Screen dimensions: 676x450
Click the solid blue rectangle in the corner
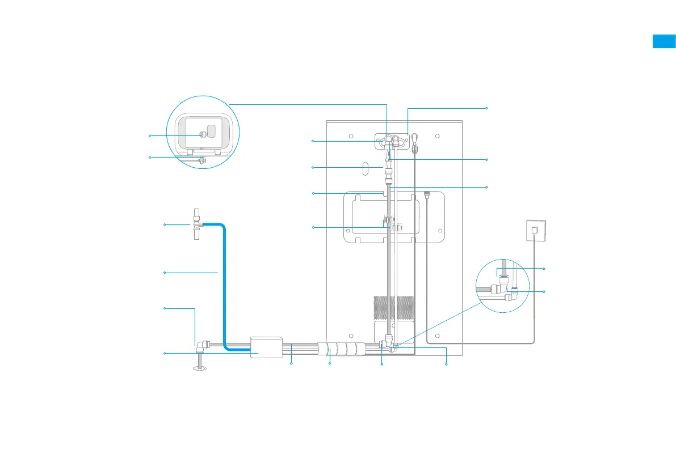point(664,41)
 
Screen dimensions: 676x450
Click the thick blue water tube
point(224,283)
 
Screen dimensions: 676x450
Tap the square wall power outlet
point(534,229)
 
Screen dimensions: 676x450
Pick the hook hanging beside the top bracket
point(415,142)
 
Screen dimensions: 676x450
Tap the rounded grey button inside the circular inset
point(212,131)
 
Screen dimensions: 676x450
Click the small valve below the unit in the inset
point(201,160)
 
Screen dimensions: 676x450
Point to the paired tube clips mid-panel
point(392,222)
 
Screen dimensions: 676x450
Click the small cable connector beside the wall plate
point(426,194)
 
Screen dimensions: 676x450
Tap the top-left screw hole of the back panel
point(351,137)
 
